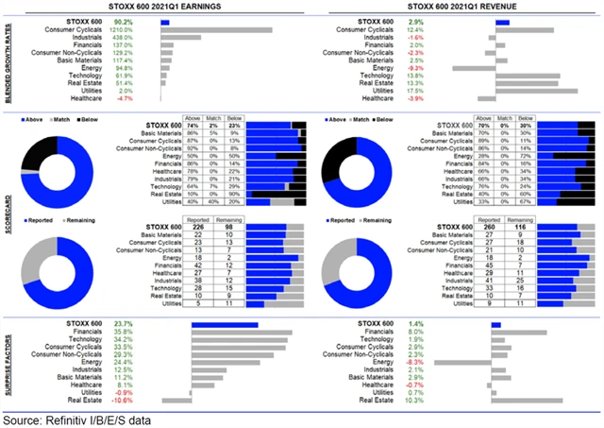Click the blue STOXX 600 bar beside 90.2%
(x=165, y=21)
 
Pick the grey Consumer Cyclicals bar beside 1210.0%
(x=216, y=29)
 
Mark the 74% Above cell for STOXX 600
(x=193, y=125)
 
